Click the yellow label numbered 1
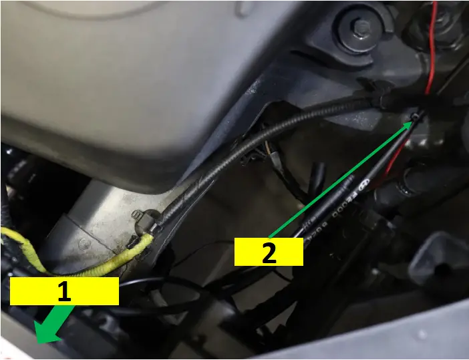(64, 291)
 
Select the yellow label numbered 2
(268, 252)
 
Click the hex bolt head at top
(361, 27)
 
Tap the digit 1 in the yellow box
(64, 292)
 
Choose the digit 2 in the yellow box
(268, 253)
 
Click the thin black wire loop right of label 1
(167, 294)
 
